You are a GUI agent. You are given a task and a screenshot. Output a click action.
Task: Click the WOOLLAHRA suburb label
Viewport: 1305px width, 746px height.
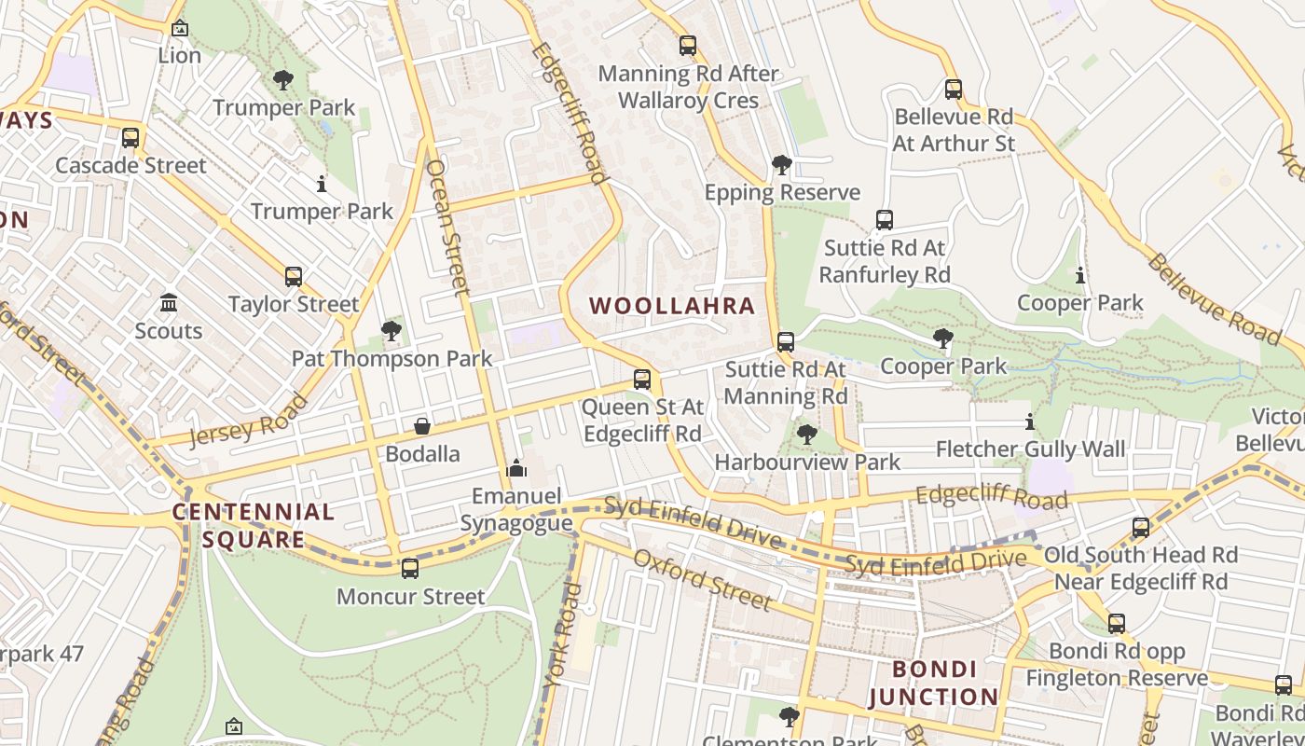click(671, 306)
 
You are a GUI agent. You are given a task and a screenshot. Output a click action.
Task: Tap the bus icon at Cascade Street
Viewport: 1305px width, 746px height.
click(130, 138)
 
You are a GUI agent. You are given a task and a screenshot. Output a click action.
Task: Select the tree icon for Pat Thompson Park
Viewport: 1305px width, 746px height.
click(391, 331)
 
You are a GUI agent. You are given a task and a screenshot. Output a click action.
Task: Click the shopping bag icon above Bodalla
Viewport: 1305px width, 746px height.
click(422, 426)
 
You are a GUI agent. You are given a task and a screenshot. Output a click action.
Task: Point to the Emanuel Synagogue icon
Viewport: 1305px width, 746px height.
click(516, 468)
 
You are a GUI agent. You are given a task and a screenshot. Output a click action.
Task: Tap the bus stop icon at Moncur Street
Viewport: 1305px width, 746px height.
click(410, 568)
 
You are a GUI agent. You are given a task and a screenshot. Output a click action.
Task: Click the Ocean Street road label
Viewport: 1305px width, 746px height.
click(447, 228)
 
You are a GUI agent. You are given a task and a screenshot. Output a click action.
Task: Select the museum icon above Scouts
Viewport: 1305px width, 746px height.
click(169, 303)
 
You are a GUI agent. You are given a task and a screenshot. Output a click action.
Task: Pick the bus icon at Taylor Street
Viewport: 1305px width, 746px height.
click(294, 277)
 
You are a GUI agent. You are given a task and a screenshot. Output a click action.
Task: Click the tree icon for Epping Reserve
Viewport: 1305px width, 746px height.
click(782, 166)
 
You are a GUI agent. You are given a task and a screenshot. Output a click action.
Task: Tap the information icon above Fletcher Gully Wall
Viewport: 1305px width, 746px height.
click(1030, 421)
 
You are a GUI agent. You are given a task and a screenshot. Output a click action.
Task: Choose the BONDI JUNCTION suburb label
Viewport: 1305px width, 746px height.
click(934, 683)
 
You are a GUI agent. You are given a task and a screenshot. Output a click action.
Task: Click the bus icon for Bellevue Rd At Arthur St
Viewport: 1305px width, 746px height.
click(953, 90)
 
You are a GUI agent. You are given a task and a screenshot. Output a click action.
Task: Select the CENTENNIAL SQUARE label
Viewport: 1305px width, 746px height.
click(253, 525)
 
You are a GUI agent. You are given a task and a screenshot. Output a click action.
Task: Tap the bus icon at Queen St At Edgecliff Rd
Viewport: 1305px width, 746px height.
click(641, 380)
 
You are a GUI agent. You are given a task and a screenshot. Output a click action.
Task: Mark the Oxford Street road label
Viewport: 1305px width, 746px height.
click(702, 580)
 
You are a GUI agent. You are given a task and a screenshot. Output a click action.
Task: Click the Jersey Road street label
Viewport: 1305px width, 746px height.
click(249, 421)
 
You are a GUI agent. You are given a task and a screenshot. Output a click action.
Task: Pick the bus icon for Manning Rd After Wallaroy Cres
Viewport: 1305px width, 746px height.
click(688, 45)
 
